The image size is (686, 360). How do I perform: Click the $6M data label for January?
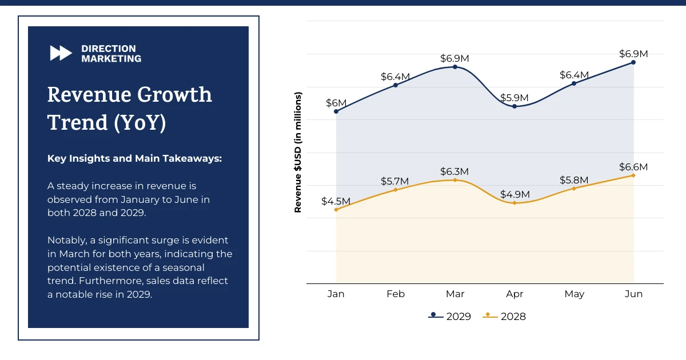[336, 103]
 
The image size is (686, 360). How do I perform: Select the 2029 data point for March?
[455, 67]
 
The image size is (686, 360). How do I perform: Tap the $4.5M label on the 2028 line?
[336, 201]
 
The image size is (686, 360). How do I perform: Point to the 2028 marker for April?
[514, 203]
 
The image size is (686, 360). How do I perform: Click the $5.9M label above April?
[514, 98]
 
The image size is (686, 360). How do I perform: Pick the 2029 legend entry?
[450, 316]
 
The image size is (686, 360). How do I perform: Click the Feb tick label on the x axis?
[396, 294]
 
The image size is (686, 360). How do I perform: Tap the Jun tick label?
[633, 294]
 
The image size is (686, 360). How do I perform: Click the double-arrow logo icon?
[61, 53]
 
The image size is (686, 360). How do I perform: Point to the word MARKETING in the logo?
[111, 58]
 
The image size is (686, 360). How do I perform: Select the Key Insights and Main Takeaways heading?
[134, 158]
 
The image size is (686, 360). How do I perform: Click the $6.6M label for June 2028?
[633, 167]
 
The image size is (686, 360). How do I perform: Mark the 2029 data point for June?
[633, 62]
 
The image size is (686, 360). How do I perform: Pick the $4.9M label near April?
[514, 194]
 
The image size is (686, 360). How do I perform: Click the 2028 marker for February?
[396, 190]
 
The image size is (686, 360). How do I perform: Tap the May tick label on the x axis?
[574, 294]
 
